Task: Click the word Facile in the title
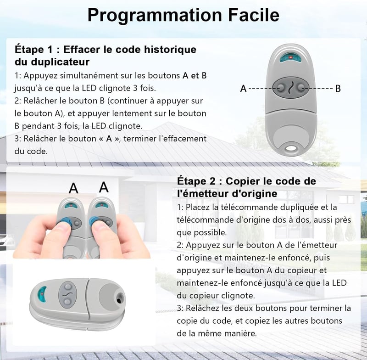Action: [x=254, y=15]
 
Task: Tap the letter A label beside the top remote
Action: [x=244, y=89]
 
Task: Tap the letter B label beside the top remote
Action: [x=338, y=89]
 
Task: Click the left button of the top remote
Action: [x=280, y=88]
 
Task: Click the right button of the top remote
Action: [x=301, y=88]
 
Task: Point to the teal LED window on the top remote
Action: [x=290, y=57]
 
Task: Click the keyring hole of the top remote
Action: [x=291, y=148]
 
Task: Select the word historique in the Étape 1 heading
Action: [x=170, y=50]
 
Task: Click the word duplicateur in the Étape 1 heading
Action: [x=60, y=62]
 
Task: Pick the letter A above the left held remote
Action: [x=73, y=188]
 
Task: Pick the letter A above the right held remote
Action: [x=104, y=187]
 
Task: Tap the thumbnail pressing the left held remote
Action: [x=62, y=226]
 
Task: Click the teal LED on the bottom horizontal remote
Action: [x=42, y=294]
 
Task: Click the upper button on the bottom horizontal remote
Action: [x=68, y=287]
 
